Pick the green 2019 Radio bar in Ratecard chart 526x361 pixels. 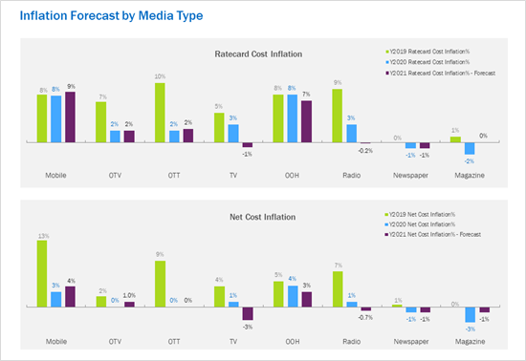tap(337, 116)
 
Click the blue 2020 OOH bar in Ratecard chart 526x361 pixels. tap(292, 118)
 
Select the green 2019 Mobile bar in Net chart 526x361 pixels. tap(42, 273)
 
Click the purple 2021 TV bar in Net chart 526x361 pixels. tap(247, 313)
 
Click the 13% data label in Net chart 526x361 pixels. tap(42, 234)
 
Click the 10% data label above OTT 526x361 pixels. tap(161, 76)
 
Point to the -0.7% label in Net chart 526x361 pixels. tap(364, 316)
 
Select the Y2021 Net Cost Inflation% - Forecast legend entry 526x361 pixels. tap(433, 234)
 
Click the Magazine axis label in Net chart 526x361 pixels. tap(470, 340)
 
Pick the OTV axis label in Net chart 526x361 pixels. tap(115, 340)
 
